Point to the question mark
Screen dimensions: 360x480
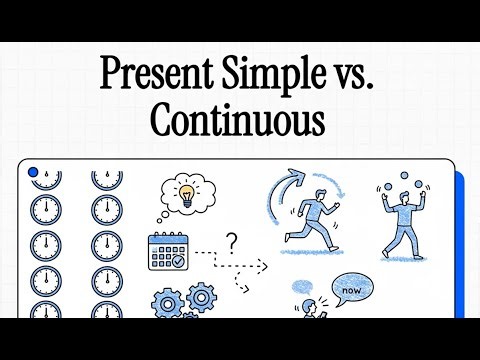(x=231, y=241)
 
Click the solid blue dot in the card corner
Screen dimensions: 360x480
(x=33, y=172)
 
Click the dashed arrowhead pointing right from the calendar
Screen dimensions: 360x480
(x=266, y=267)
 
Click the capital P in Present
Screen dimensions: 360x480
(x=113, y=76)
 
